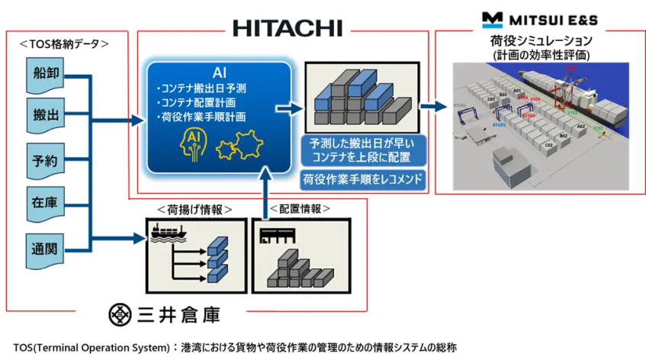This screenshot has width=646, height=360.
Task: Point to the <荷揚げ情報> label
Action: click(194, 209)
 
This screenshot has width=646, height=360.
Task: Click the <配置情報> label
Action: click(302, 209)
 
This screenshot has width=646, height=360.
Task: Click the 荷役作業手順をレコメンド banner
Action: click(362, 181)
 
